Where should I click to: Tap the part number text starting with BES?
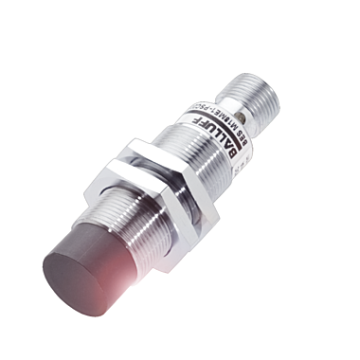pyautogui.click(x=221, y=112)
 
